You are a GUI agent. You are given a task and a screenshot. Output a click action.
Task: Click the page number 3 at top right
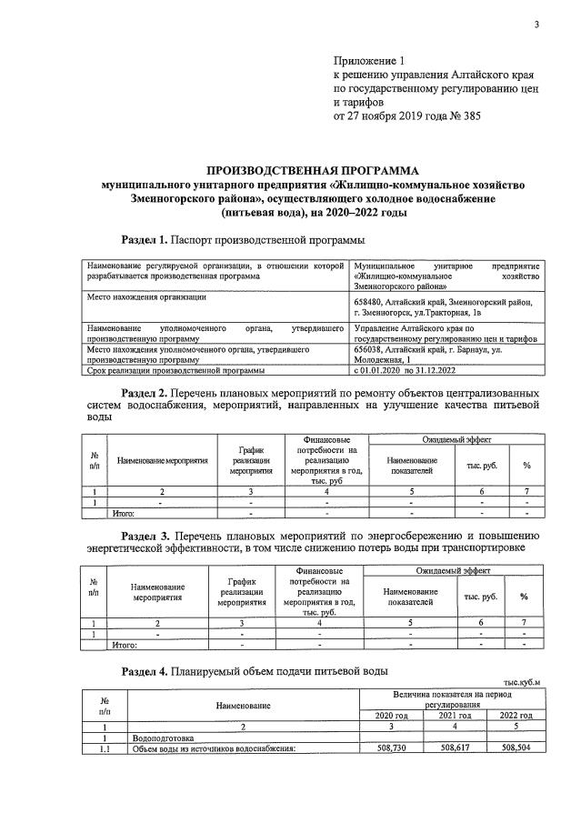pos(536,25)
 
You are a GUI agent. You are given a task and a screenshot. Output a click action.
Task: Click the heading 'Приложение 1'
pos(366,59)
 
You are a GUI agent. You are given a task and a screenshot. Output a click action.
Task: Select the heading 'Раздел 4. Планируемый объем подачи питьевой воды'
pos(255,670)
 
